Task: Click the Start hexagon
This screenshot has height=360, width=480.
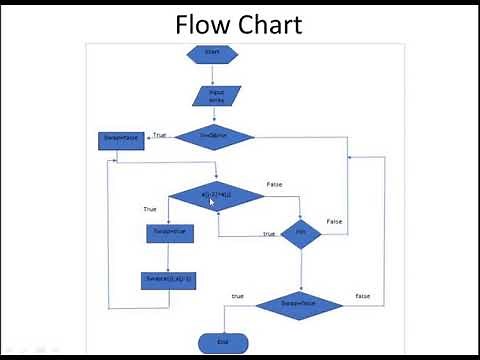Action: click(212, 52)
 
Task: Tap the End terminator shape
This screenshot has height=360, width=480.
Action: click(222, 343)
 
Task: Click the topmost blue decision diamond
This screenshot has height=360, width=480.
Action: click(213, 137)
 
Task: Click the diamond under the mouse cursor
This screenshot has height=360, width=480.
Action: click(215, 196)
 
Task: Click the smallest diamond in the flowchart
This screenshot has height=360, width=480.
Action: click(299, 233)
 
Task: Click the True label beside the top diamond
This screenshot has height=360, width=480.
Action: click(159, 134)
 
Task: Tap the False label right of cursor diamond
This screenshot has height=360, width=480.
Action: click(274, 184)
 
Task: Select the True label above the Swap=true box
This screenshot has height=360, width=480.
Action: click(150, 209)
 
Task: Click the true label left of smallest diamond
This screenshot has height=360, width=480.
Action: click(269, 234)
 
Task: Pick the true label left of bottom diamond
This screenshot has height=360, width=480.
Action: click(237, 296)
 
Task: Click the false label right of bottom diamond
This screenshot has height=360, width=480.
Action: click(363, 296)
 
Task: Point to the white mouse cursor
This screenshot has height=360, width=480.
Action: click(212, 202)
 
